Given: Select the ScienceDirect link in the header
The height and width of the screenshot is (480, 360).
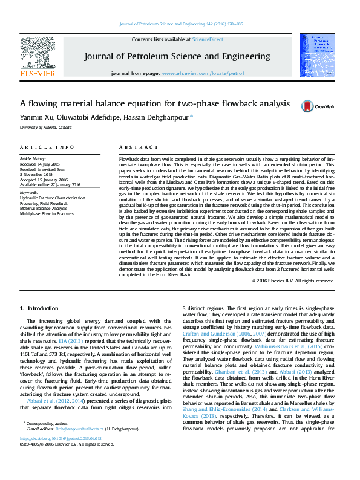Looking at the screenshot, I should click(208, 39).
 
